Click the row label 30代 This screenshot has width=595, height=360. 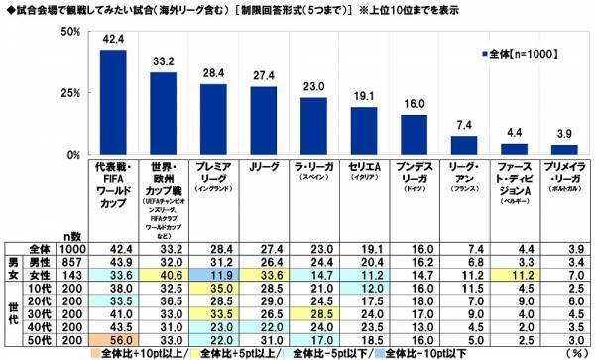coord(37,313)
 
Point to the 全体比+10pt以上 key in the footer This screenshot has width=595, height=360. coord(133,352)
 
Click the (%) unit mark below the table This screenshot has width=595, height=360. coord(571,352)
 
